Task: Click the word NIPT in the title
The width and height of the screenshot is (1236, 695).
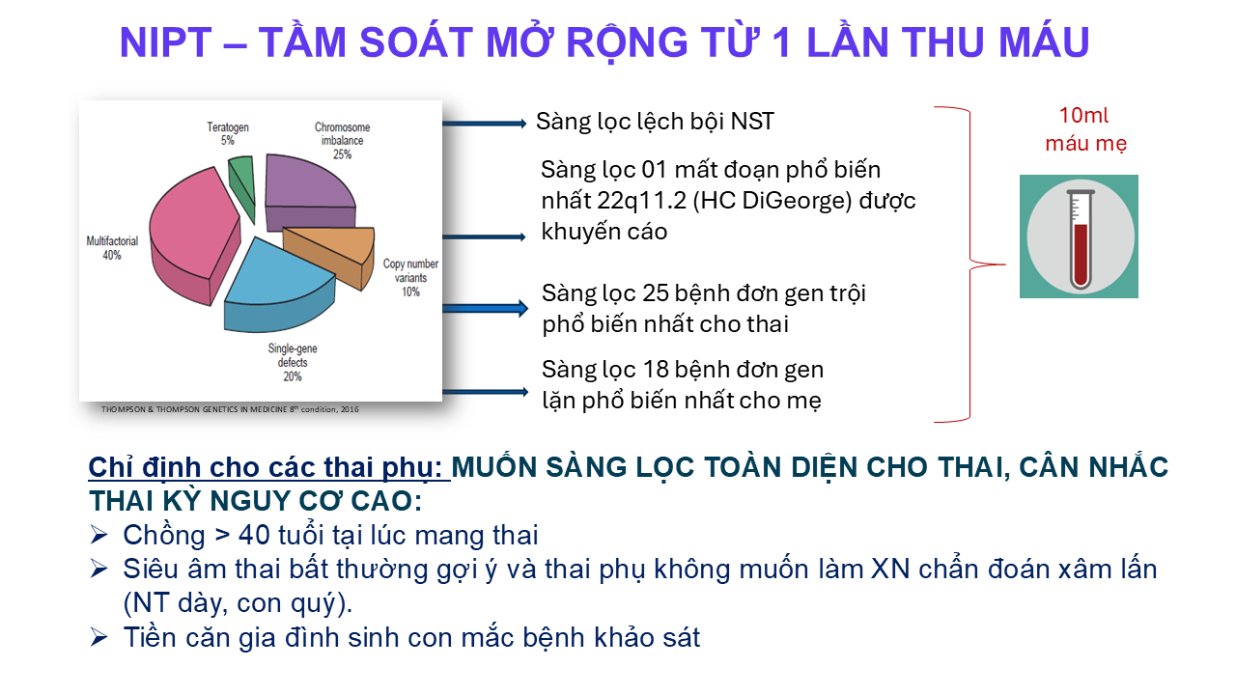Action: click(x=165, y=42)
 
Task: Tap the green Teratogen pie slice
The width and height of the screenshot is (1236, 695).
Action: click(x=242, y=184)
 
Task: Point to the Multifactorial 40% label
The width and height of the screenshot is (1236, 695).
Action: click(x=112, y=248)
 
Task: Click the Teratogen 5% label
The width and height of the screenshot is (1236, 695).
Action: click(x=228, y=134)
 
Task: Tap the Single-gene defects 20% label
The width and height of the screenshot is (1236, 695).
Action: click(x=293, y=362)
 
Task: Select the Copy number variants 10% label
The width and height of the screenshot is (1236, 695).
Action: click(x=410, y=277)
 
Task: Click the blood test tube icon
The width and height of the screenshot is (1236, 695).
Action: click(x=1079, y=236)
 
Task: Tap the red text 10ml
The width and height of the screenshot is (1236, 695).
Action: click(x=1083, y=116)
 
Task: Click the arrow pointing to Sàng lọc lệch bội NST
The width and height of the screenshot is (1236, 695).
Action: click(x=485, y=124)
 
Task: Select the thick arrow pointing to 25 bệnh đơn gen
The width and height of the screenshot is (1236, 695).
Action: click(x=485, y=308)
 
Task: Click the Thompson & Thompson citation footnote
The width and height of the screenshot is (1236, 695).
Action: click(x=230, y=409)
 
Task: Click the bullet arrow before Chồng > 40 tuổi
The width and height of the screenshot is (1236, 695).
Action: click(x=98, y=535)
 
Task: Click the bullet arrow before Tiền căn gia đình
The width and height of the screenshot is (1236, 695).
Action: click(x=98, y=637)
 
